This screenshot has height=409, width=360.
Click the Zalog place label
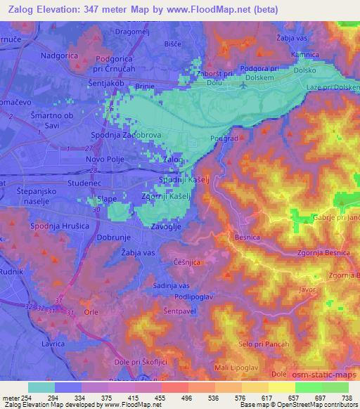[172, 161]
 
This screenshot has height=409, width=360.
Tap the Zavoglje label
[168, 227]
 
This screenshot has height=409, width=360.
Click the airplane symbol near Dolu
[243, 86]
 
